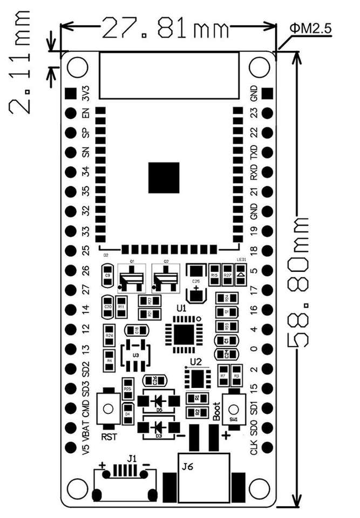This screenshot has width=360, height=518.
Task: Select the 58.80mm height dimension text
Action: click(299, 280)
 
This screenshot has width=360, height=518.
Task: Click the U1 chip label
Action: click(181, 309)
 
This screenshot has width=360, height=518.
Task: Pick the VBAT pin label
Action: click(85, 430)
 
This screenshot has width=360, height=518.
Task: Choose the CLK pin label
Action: click(254, 448)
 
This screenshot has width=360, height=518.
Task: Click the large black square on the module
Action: click(164, 178)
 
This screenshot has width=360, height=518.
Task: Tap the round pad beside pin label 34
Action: click(70, 172)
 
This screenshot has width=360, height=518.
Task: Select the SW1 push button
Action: click(233, 408)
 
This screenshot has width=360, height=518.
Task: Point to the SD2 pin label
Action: click(85, 369)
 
